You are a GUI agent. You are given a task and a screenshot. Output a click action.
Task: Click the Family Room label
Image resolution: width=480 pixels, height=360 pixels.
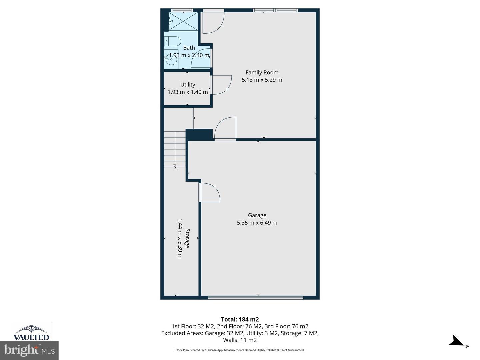pyautogui.click(x=262, y=72)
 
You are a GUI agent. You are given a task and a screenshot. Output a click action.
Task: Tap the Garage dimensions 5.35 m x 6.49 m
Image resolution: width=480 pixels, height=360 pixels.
pyautogui.click(x=257, y=223)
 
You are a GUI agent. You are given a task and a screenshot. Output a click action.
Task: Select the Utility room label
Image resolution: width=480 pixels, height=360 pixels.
pyautogui.click(x=188, y=85)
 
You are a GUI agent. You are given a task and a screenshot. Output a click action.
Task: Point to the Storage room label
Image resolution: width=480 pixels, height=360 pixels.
pyautogui.click(x=187, y=238)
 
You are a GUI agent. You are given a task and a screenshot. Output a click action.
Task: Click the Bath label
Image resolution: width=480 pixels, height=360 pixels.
pyautogui.click(x=189, y=48)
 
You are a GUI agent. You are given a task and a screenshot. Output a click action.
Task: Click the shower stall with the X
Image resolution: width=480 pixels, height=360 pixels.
pyautogui.click(x=183, y=22)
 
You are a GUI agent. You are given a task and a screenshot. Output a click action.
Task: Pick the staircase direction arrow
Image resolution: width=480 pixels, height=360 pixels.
pyautogui.click(x=175, y=166)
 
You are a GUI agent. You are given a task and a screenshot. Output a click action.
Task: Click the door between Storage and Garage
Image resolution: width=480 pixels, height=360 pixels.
pyautogui.click(x=209, y=193)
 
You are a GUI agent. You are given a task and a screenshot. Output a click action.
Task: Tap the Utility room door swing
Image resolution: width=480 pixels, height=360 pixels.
pyautogui.click(x=221, y=85)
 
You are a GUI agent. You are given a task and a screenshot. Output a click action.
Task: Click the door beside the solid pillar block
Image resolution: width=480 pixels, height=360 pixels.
pyautogui.click(x=226, y=128)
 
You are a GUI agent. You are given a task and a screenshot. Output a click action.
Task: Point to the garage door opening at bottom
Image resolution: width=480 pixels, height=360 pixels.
pyautogui.click(x=255, y=297)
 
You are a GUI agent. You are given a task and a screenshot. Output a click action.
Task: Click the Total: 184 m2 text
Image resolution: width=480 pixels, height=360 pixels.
pyautogui.click(x=240, y=319)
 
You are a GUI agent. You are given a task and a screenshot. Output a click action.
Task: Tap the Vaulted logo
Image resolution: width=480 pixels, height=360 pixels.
pyautogui.click(x=31, y=332)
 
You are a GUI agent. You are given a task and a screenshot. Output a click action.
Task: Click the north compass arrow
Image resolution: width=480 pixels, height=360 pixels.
pyautogui.click(x=457, y=342)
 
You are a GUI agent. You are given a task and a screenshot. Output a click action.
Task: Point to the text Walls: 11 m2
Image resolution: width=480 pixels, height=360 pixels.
pyautogui.click(x=240, y=340)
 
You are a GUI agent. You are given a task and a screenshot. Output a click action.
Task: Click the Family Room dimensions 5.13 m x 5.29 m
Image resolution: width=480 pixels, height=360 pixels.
pyautogui.click(x=262, y=80)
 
